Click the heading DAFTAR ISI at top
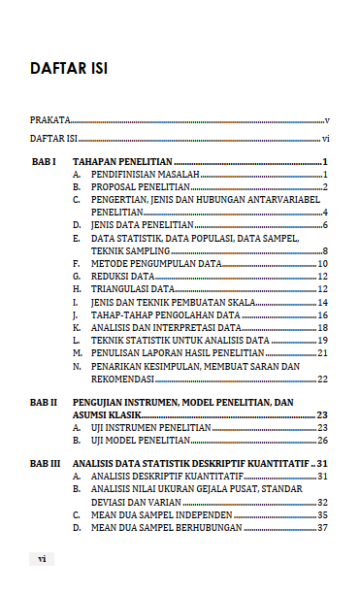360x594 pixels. click(x=69, y=70)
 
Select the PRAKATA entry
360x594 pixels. click(x=49, y=120)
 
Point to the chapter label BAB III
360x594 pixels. click(x=47, y=464)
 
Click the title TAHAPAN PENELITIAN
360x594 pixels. click(x=122, y=161)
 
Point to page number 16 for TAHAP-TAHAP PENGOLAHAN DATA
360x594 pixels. click(x=323, y=315)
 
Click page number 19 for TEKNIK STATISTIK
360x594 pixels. click(x=323, y=341)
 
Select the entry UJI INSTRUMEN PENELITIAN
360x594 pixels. click(x=149, y=427)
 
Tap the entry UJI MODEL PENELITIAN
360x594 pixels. click(x=140, y=440)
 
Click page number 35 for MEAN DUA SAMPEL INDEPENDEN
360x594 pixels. click(x=323, y=514)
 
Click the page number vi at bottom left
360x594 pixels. click(x=42, y=559)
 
